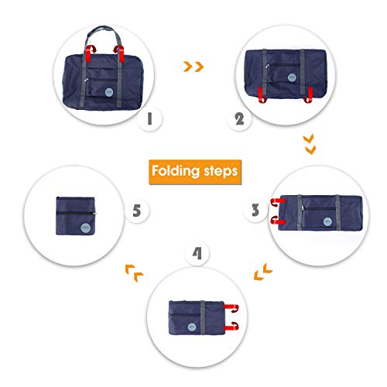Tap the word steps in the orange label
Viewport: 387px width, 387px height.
(x=219, y=170)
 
